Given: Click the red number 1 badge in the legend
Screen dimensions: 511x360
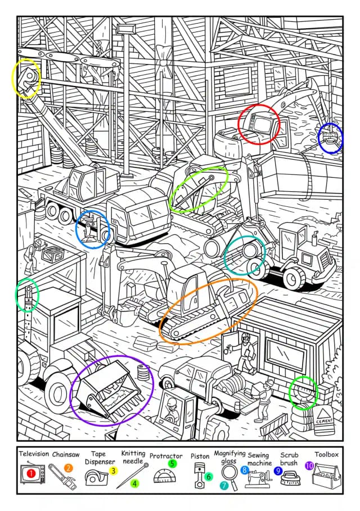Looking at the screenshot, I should tap(31, 474).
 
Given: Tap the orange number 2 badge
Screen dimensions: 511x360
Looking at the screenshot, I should tap(69, 467).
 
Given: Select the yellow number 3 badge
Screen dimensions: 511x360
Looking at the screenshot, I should tap(113, 471).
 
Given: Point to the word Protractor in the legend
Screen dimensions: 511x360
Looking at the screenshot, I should tap(166, 456).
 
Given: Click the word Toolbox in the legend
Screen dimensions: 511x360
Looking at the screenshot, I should tap(326, 454).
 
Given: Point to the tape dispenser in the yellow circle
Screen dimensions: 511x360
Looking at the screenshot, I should tap(26, 78).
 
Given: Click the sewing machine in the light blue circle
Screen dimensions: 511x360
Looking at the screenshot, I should tap(93, 229).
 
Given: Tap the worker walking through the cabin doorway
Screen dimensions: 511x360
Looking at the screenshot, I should tap(245, 353).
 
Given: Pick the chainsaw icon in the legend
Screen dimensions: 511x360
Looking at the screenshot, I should tap(62, 477).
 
